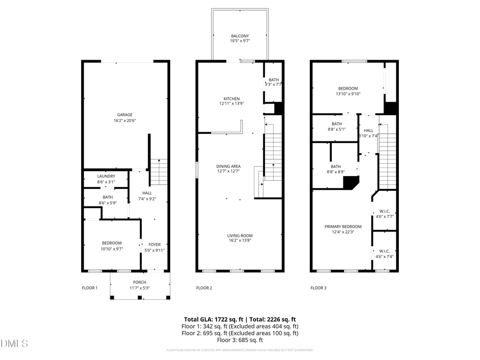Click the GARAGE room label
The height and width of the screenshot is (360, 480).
pos(125,115)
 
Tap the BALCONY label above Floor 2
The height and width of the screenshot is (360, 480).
pos(239,36)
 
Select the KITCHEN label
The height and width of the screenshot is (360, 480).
pos(231,99)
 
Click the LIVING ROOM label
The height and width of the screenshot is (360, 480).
pos(240,235)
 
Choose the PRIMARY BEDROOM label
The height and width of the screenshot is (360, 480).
pos(343,226)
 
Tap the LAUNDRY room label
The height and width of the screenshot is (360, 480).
pos(106,177)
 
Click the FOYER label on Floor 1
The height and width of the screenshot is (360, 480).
pos(154,245)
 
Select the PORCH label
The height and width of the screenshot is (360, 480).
pos(140,282)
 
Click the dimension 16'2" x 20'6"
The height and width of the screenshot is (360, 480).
pos(125,121)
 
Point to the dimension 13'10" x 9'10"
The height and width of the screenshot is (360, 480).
pos(348,94)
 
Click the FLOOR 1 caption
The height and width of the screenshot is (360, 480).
pos(90,288)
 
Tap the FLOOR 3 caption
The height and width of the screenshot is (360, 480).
pos(318,288)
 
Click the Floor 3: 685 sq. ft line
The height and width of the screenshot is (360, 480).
pos(239,340)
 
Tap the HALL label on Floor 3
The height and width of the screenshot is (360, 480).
pos(369,130)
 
